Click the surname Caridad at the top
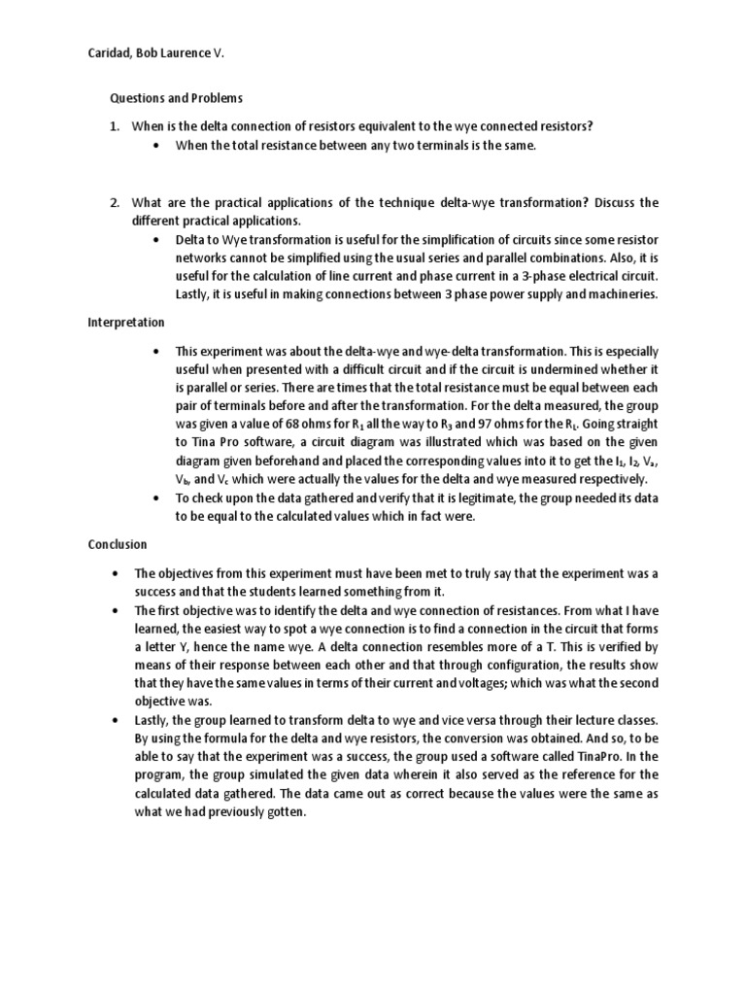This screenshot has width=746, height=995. point(110,52)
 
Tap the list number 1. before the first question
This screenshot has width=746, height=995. point(114,126)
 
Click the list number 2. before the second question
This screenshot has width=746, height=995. point(114,202)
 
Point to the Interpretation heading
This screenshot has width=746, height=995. point(125,322)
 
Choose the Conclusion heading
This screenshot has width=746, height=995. point(117,544)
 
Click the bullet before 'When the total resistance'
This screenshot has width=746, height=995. point(157,146)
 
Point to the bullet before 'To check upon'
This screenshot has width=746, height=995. point(157,498)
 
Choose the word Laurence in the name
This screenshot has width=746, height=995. point(185,52)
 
